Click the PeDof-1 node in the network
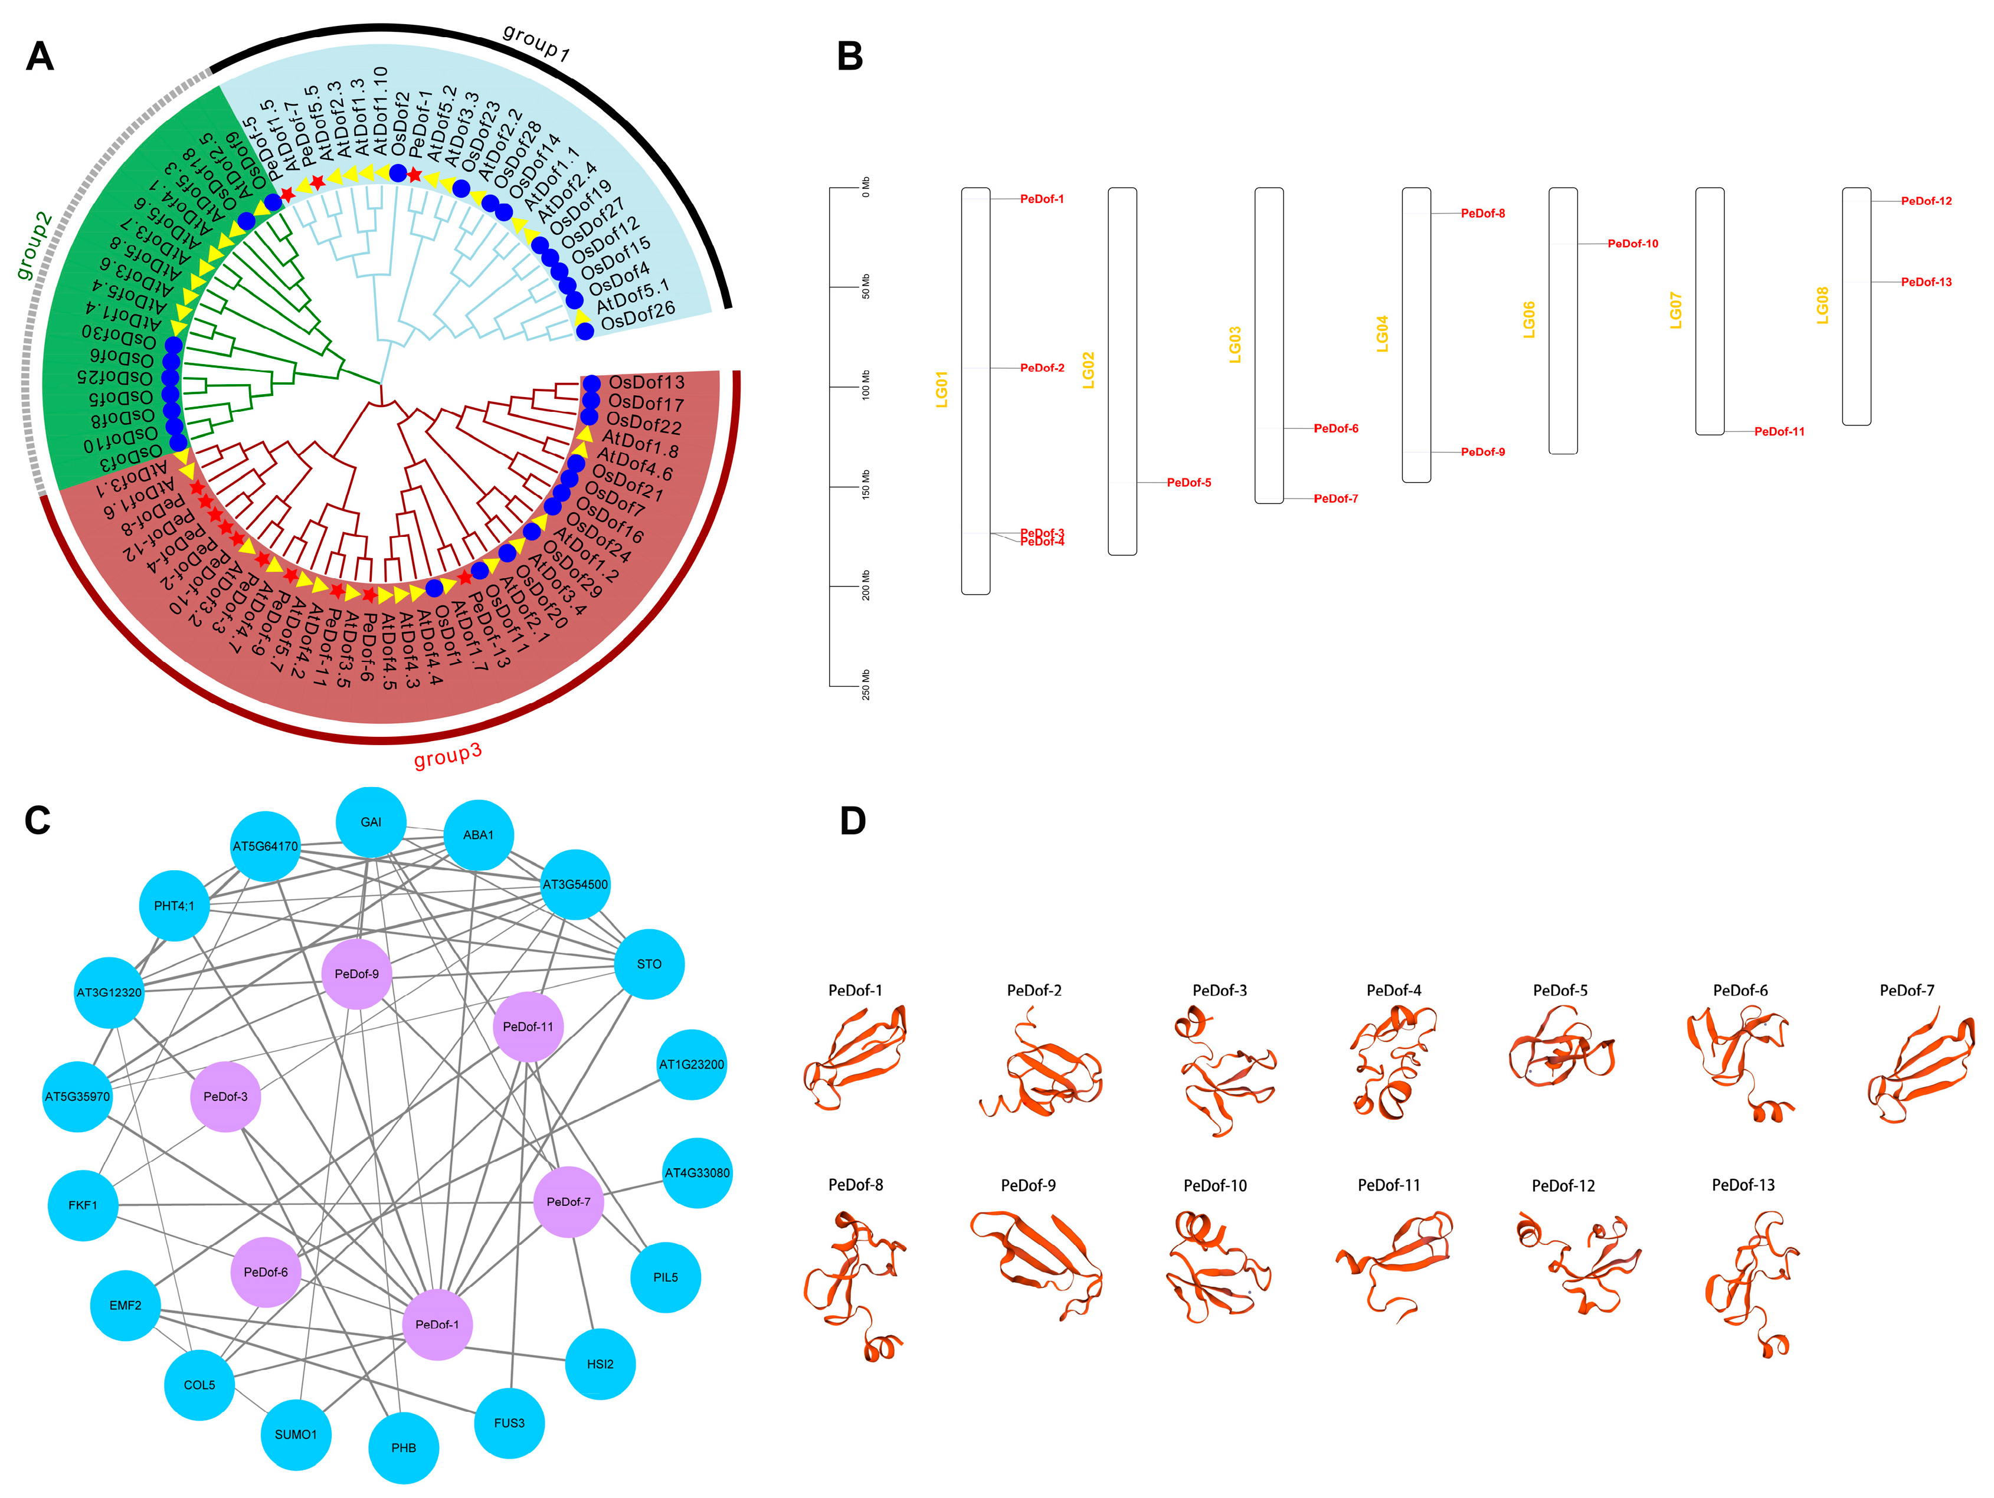point(437,1324)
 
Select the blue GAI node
point(371,822)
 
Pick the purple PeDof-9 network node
point(357,973)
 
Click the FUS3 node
point(509,1422)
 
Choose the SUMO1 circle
point(296,1434)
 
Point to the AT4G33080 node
point(697,1173)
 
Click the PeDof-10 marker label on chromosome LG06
point(1632,243)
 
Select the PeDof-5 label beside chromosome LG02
point(1189,482)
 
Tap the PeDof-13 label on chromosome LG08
point(1926,282)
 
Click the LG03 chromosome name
point(1235,345)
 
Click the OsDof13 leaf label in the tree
point(646,382)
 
